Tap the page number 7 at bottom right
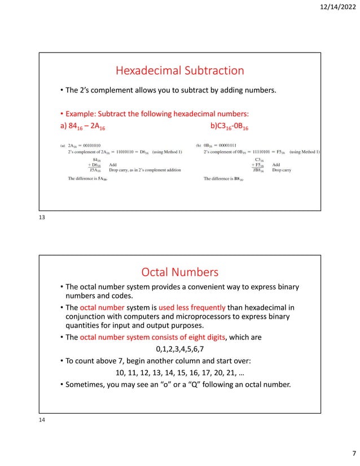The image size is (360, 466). (x=352, y=454)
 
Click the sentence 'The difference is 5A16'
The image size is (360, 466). (x=87, y=179)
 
